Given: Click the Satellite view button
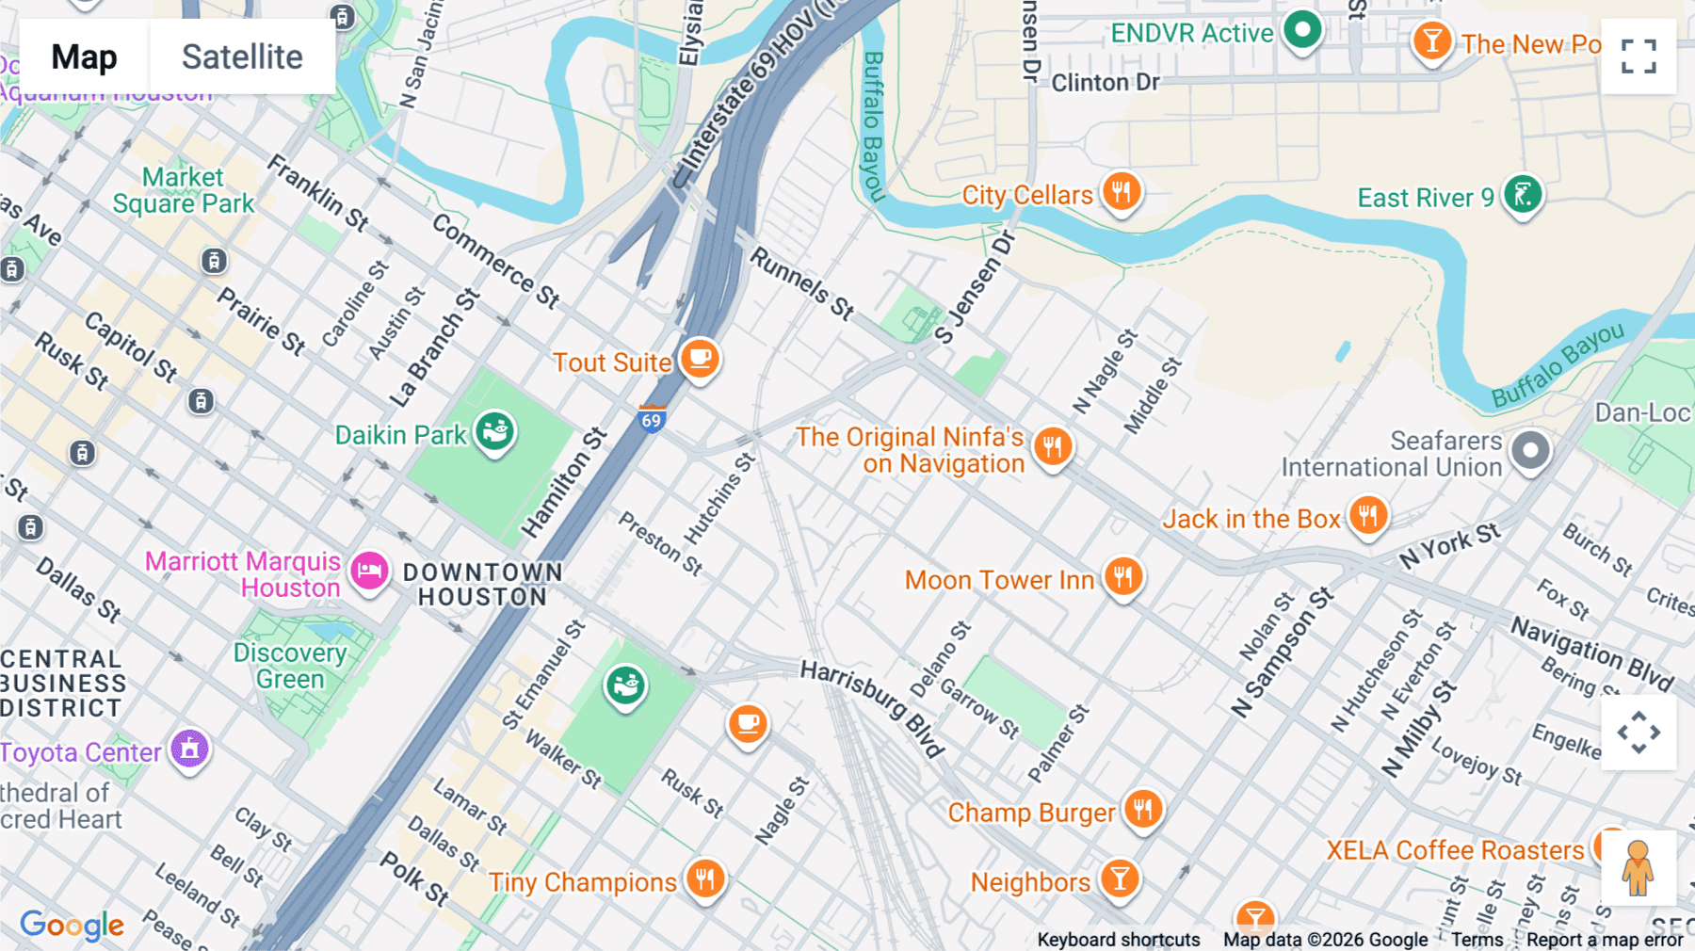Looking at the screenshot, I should pyautogui.click(x=242, y=56).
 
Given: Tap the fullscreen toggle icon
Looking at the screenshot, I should pyautogui.click(x=1638, y=56).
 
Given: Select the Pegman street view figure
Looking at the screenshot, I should pyautogui.click(x=1638, y=867).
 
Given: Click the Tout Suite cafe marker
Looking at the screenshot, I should pyautogui.click(x=700, y=359).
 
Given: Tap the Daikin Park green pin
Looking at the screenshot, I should pyautogui.click(x=494, y=432).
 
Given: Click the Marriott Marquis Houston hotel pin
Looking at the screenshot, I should pyautogui.click(x=369, y=571).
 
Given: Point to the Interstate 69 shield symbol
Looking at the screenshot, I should pyautogui.click(x=652, y=418).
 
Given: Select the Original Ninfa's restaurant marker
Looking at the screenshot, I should pyautogui.click(x=1052, y=446).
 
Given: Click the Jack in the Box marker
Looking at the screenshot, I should pyautogui.click(x=1367, y=516).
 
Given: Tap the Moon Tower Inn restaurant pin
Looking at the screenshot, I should pyautogui.click(x=1122, y=576).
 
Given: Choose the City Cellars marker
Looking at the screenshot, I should pyautogui.click(x=1121, y=192).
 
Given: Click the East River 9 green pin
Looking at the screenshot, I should pyautogui.click(x=1522, y=195).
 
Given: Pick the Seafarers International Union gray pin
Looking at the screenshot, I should pyautogui.click(x=1530, y=451).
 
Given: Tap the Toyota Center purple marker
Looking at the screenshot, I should pyautogui.click(x=189, y=750).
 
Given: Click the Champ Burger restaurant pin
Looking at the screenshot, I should pyautogui.click(x=1142, y=809).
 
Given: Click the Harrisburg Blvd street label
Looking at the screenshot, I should pyautogui.click(x=872, y=707).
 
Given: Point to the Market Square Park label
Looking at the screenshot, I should pyautogui.click(x=184, y=190).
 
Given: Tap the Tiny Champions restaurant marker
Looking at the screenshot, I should pyautogui.click(x=704, y=879).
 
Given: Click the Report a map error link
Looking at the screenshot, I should pyautogui.click(x=1604, y=940).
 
